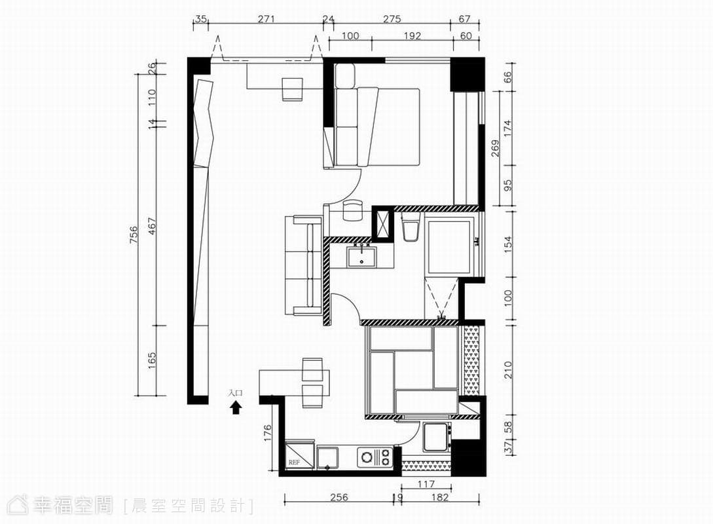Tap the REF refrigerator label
click(x=294, y=462)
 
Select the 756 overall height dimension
click(x=133, y=234)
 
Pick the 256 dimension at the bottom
click(x=338, y=497)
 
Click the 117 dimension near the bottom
click(x=426, y=485)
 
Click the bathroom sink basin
click(x=361, y=257)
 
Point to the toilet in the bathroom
click(x=411, y=229)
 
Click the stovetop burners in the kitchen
click(x=375, y=458)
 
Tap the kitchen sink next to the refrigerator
click(x=328, y=458)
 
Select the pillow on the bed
click(x=345, y=75)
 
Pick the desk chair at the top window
click(x=292, y=89)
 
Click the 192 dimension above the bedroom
click(x=412, y=35)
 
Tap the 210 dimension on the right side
click(x=507, y=370)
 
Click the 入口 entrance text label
click(x=236, y=393)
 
